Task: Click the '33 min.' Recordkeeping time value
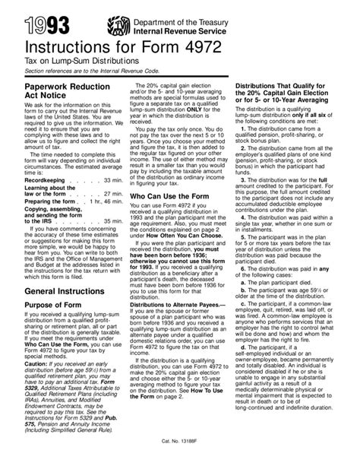click(x=111, y=200)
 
